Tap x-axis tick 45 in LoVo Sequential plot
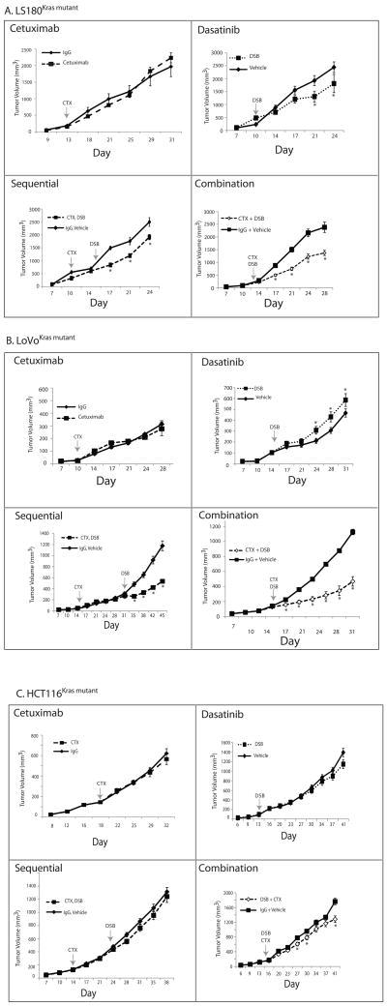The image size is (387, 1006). pos(172,629)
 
